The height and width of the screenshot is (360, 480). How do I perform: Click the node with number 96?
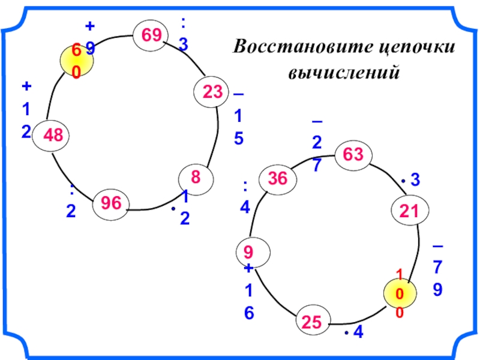(x=111, y=204)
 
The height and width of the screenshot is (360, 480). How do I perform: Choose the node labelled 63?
(x=353, y=155)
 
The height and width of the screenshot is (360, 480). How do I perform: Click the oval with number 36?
(x=277, y=178)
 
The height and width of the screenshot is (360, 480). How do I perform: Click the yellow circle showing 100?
(x=400, y=294)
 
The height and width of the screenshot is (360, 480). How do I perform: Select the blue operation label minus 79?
(x=438, y=270)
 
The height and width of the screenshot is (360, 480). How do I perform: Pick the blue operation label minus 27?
(x=316, y=144)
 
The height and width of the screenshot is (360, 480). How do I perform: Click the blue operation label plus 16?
(x=249, y=291)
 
